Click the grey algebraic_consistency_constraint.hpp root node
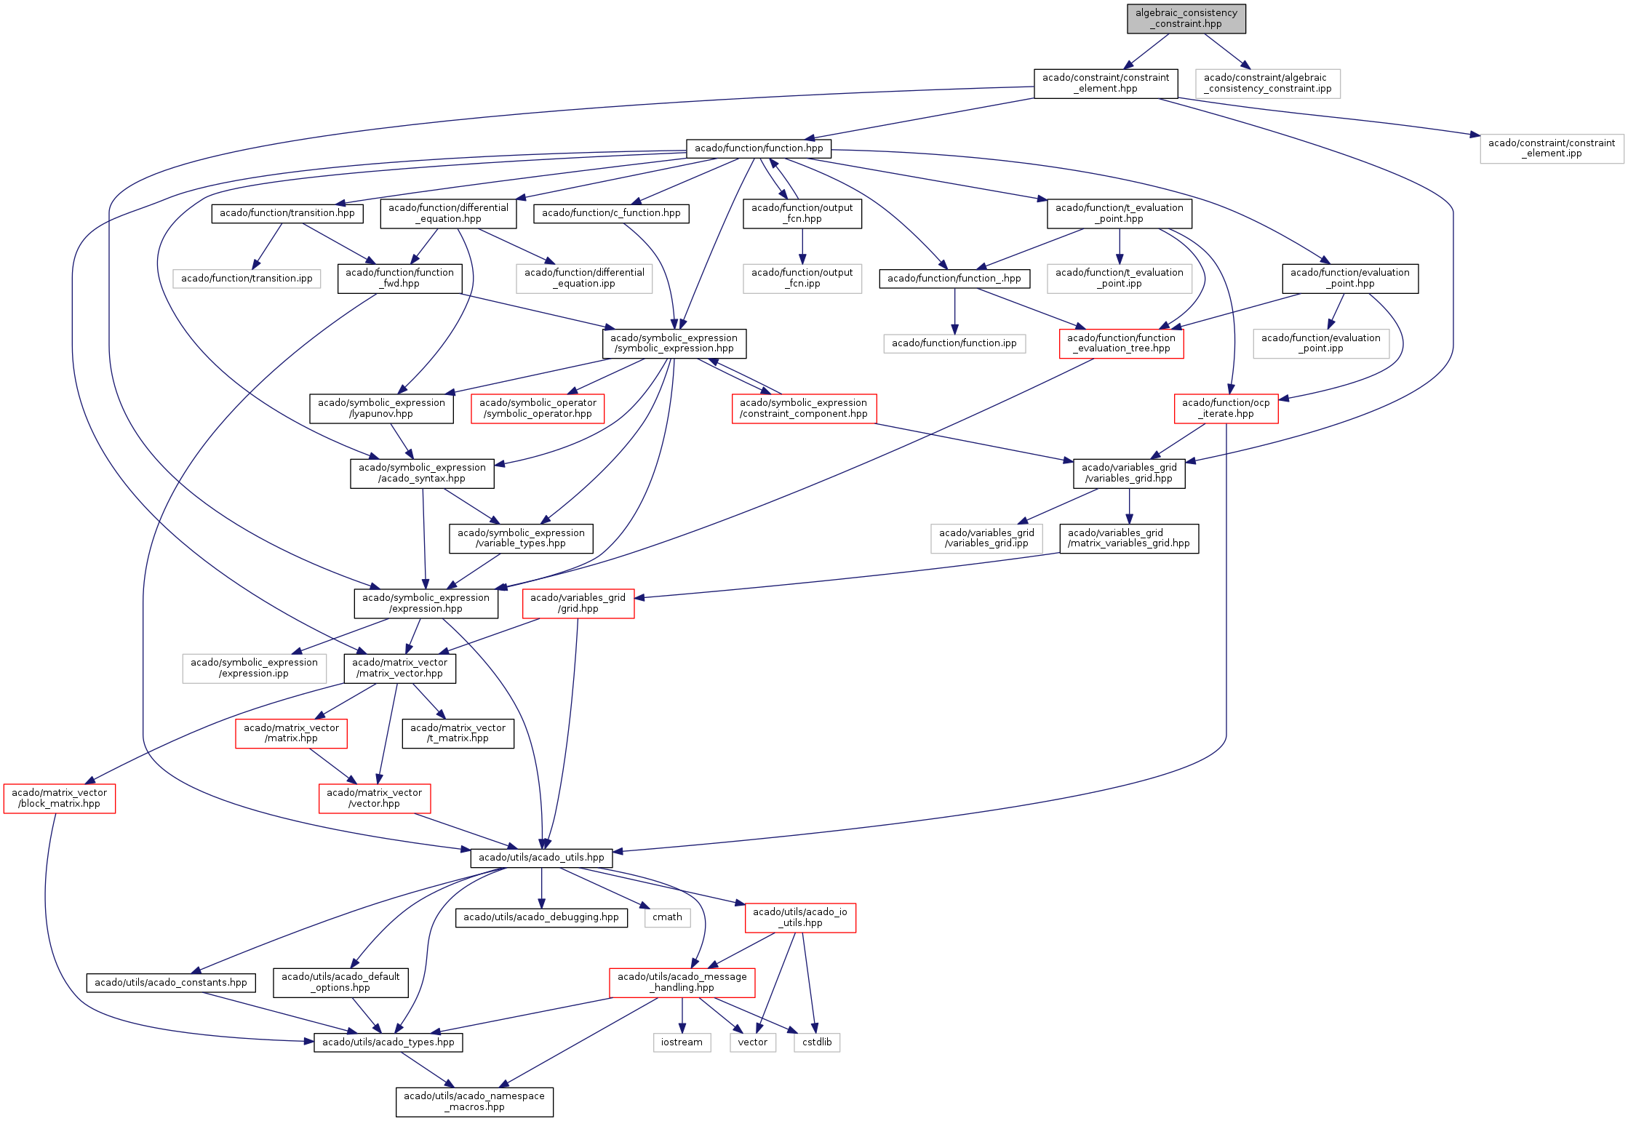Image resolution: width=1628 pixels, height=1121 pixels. click(x=1186, y=18)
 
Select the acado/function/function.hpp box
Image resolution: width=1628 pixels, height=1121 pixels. click(x=759, y=148)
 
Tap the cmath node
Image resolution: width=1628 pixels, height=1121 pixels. click(x=667, y=917)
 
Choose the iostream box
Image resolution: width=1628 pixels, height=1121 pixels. click(x=682, y=1042)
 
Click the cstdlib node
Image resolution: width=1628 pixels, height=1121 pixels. click(x=817, y=1042)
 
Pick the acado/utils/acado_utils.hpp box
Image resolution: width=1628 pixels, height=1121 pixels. click(x=541, y=858)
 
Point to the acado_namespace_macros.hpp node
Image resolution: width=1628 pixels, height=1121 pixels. click(x=474, y=1101)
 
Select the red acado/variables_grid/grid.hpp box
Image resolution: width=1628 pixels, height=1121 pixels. click(x=578, y=603)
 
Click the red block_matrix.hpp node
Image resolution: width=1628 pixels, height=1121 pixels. click(x=60, y=798)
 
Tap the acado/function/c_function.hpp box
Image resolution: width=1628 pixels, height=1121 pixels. click(x=611, y=213)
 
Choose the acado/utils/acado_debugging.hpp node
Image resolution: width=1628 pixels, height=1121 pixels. click(x=541, y=917)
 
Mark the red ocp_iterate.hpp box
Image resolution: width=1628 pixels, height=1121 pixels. click(x=1226, y=408)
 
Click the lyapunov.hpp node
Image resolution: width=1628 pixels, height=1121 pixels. click(x=381, y=408)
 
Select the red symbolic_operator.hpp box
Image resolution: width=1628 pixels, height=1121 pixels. click(x=538, y=408)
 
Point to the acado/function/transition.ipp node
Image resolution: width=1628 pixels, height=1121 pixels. click(x=247, y=279)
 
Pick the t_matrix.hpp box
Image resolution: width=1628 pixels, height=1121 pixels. click(x=458, y=733)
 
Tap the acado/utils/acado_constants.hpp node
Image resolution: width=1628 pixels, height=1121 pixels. click(x=171, y=983)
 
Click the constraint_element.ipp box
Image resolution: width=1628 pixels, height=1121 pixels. click(x=1552, y=148)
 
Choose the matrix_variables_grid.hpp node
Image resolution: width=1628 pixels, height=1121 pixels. click(x=1129, y=538)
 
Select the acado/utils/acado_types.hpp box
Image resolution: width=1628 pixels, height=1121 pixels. click(x=388, y=1042)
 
